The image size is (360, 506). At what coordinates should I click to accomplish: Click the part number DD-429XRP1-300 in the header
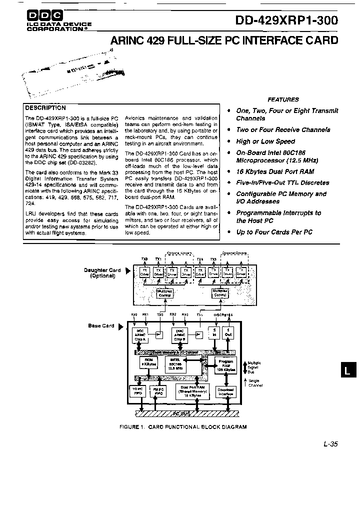point(287,20)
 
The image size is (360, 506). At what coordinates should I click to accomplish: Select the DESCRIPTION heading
point(45,107)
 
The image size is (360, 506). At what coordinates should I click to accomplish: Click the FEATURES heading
point(283,99)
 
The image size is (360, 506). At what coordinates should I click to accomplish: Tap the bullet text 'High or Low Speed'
point(265,141)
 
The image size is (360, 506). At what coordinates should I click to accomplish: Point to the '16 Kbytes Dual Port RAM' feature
point(275,171)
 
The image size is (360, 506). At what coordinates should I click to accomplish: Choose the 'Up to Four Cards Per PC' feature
point(274,232)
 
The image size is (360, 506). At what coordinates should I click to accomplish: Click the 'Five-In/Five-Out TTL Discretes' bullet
point(282,183)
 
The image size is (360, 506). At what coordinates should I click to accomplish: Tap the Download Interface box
point(225,391)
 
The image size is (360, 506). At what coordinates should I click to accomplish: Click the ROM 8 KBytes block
point(148,364)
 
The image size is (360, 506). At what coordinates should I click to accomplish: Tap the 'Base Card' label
point(101,326)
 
